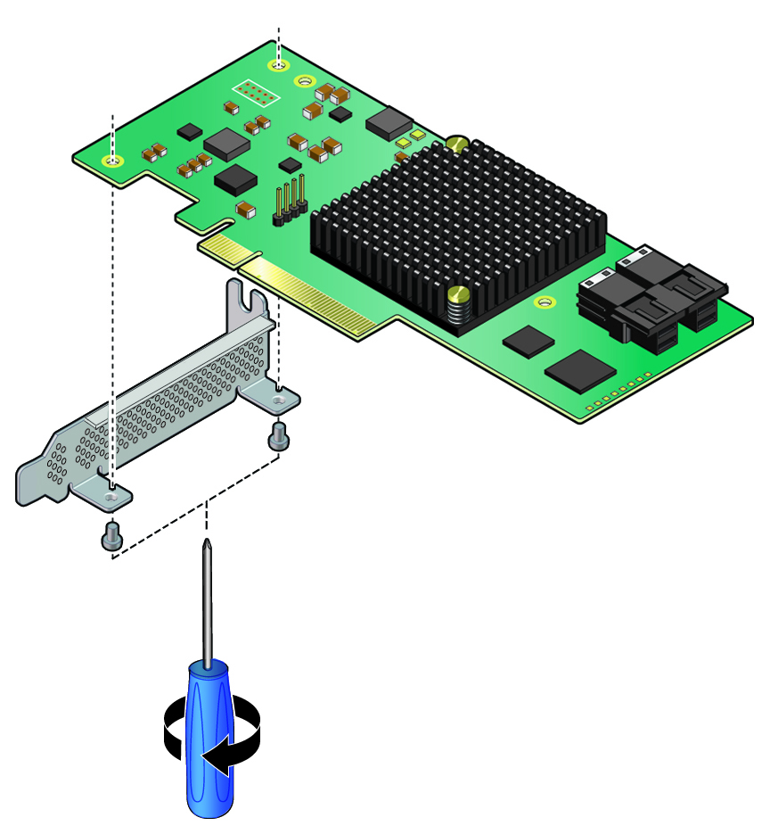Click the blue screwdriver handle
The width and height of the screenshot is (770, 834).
(209, 740)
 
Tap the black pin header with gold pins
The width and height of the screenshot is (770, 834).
(289, 202)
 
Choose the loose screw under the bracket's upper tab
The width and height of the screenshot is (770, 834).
(277, 436)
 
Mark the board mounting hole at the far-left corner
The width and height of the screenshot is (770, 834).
(112, 161)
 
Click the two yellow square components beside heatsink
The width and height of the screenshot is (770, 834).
(410, 138)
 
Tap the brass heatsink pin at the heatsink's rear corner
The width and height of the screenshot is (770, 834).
(457, 143)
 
